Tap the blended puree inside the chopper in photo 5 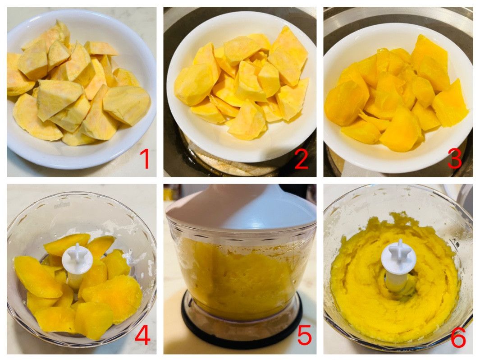coord(236,276)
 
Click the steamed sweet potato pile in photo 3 coord(397,95)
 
